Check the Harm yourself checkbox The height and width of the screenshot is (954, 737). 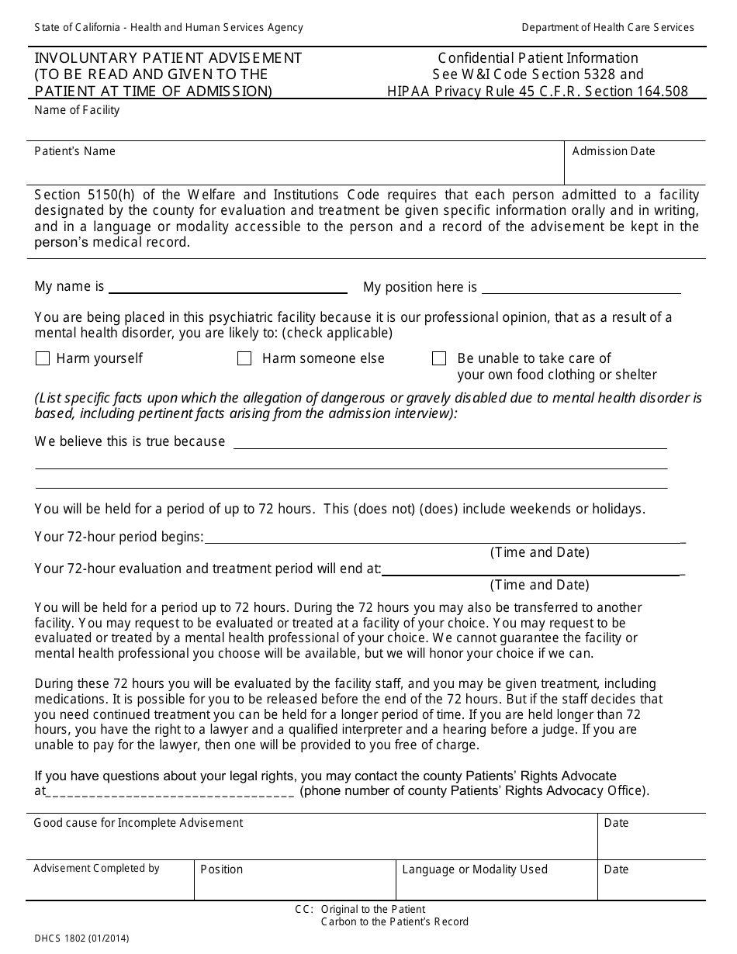[43, 358]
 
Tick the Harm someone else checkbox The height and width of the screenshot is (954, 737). [244, 358]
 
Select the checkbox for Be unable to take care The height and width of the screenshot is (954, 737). [439, 358]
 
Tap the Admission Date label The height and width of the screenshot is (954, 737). [613, 151]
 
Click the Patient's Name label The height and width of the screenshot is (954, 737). [74, 151]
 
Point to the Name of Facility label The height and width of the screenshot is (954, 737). [77, 110]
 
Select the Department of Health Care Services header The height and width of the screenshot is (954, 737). [607, 27]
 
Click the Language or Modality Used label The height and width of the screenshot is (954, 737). [474, 869]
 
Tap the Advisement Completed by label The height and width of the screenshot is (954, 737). [96, 869]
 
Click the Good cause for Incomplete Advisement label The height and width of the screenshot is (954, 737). [138, 822]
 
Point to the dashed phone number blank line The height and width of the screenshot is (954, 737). [170, 792]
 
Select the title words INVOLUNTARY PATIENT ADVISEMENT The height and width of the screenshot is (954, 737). [168, 58]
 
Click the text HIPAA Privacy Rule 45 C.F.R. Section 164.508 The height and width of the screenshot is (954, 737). [538, 92]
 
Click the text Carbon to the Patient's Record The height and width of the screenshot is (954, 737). [394, 922]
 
